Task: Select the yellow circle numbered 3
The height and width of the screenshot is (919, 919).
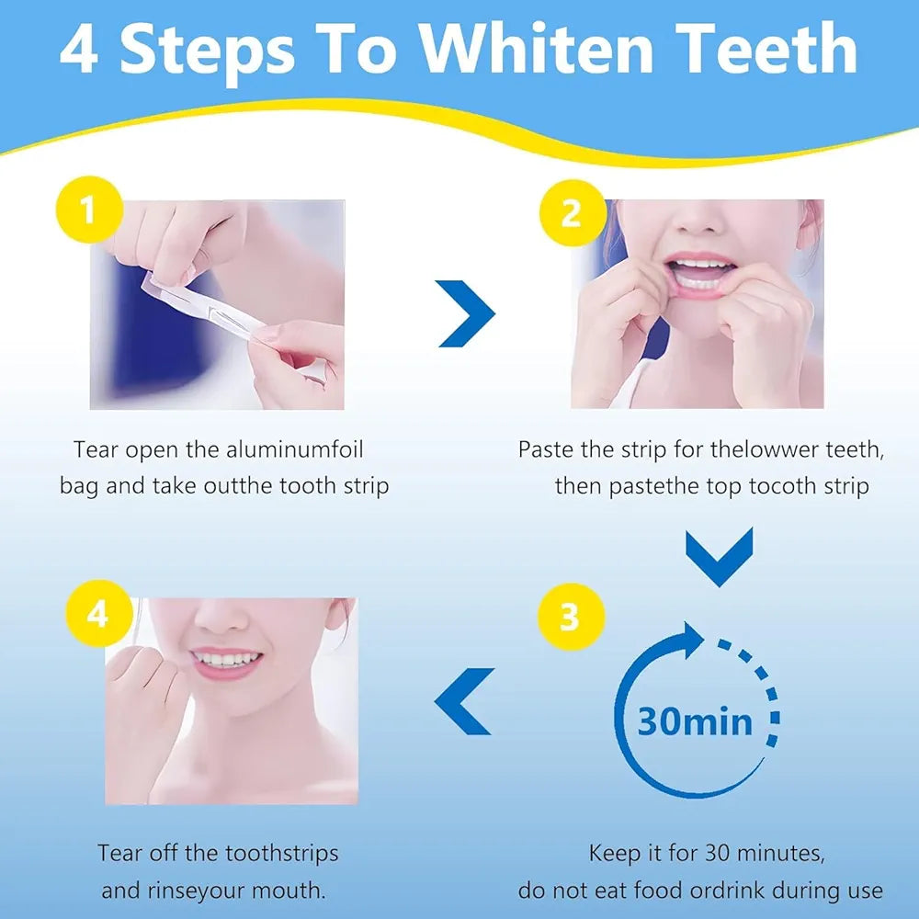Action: pos(569,617)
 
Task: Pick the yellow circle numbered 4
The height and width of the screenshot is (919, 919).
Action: pos(98,614)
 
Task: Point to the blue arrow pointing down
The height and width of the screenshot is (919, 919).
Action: pos(720,557)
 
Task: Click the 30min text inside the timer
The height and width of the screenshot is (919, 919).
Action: pos(695,721)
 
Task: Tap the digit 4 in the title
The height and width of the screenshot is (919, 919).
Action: pos(78,50)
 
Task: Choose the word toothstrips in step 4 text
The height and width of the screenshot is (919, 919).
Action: pos(280,853)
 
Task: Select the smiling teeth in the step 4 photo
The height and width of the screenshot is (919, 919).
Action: pos(226,660)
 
